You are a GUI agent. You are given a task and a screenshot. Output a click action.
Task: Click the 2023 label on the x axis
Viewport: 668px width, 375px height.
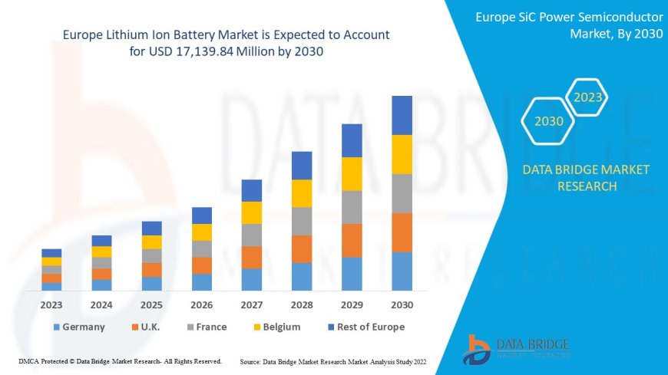click(x=51, y=304)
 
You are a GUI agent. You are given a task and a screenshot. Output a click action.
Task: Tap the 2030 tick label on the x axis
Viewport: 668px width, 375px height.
click(x=402, y=304)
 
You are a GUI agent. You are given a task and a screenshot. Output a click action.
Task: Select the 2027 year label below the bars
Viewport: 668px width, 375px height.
click(x=252, y=304)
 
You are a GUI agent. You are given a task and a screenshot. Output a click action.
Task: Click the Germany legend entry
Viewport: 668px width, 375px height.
click(x=78, y=327)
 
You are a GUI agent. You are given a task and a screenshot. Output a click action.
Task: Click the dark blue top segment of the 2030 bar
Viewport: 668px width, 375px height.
click(x=402, y=115)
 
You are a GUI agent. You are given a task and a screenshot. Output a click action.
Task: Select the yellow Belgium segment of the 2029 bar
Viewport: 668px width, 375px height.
click(x=352, y=173)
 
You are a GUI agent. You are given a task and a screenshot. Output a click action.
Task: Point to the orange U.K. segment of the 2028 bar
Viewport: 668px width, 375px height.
click(x=302, y=248)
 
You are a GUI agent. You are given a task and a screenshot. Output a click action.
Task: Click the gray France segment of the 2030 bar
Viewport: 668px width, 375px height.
click(x=402, y=193)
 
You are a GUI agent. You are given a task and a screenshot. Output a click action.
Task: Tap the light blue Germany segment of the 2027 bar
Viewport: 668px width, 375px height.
click(x=252, y=279)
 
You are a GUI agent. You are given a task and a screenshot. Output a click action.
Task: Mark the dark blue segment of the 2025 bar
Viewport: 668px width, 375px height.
click(x=152, y=228)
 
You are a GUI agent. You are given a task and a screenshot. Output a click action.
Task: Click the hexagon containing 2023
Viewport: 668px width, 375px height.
click(x=587, y=98)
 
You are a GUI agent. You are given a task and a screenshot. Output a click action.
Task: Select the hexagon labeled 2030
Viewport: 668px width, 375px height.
click(x=549, y=121)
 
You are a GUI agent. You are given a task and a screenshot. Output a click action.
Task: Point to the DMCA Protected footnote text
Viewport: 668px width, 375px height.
click(x=119, y=360)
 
